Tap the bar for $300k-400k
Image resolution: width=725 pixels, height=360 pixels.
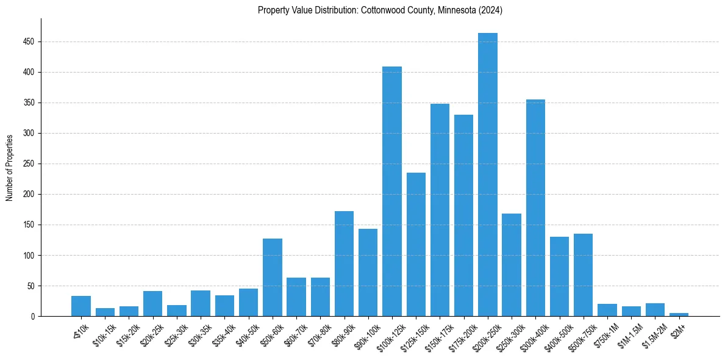[535, 207]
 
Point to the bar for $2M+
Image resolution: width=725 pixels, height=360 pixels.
[679, 314]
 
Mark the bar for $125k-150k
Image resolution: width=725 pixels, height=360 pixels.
[416, 244]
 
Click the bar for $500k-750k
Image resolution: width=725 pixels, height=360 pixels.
[583, 275]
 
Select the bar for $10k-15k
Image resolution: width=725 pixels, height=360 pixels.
[105, 312]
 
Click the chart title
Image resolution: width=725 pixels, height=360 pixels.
[380, 10]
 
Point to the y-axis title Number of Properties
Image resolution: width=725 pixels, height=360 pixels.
[10, 168]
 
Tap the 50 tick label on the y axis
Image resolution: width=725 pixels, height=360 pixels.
[30, 286]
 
